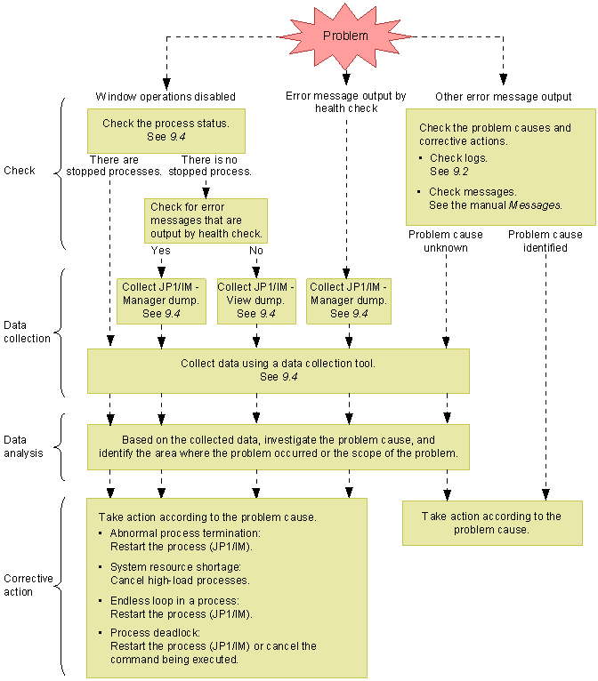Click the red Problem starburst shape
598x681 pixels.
(x=344, y=36)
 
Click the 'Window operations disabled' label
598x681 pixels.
(x=166, y=96)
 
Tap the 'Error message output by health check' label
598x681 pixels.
(x=346, y=101)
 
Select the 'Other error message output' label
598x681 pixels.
(x=503, y=96)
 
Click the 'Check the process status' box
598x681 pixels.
(x=166, y=131)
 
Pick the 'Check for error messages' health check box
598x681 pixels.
(x=206, y=220)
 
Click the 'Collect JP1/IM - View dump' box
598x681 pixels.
(x=256, y=300)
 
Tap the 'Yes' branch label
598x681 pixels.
(x=161, y=251)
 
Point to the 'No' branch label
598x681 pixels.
(x=256, y=251)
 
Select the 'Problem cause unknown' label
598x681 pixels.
(x=446, y=241)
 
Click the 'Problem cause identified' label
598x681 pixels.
(x=545, y=241)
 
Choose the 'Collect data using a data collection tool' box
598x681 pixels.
(x=278, y=370)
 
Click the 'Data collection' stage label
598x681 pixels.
(x=27, y=332)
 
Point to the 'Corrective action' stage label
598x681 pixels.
(x=28, y=585)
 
